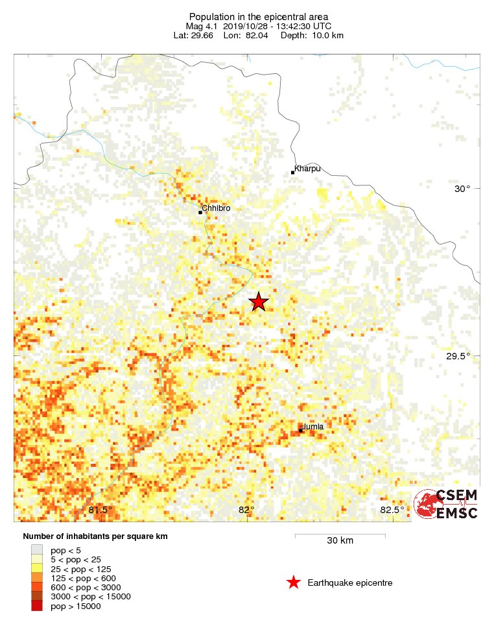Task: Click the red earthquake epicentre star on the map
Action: point(259,302)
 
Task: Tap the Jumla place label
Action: point(313,426)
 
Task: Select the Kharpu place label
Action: point(307,169)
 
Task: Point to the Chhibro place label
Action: point(216,208)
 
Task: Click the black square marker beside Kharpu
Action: point(293,173)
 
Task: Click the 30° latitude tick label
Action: point(462,189)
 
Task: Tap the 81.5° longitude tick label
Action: point(100,510)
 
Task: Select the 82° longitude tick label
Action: point(246,510)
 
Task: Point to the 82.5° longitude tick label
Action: point(392,510)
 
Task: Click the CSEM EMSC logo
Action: point(447,504)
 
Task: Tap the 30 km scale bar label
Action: point(340,541)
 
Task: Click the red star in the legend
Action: point(294,582)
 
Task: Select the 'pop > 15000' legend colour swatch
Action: point(37,606)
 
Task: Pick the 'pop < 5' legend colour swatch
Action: point(37,550)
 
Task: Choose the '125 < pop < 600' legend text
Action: point(83,578)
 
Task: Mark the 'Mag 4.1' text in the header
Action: point(202,26)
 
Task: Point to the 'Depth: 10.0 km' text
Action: point(312,35)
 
